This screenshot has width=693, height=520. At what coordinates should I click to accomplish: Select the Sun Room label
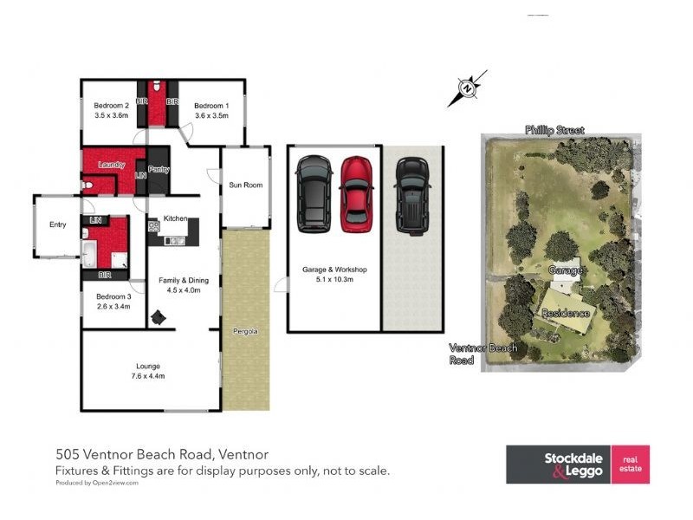[245, 185]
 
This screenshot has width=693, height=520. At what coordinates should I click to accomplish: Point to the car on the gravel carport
[411, 196]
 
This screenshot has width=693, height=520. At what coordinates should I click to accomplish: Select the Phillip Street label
[554, 130]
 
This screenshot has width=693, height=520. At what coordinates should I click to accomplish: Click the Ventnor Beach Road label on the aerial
[483, 354]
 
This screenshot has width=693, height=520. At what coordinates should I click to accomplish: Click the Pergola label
[245, 332]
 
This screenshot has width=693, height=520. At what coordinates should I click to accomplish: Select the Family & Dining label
[184, 280]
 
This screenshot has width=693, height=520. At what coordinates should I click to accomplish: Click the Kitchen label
[176, 220]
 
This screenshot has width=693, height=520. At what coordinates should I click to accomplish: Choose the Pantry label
[159, 170]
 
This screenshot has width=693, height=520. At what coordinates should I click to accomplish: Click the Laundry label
[112, 165]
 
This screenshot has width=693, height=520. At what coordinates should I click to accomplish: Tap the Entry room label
[57, 224]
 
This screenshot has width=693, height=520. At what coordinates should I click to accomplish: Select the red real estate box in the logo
[630, 465]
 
